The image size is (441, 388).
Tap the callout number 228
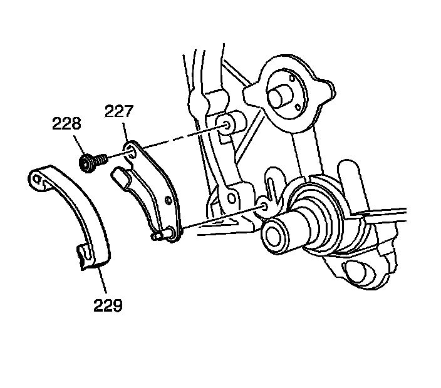tap(67, 125)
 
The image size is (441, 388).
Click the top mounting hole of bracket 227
tap(131, 151)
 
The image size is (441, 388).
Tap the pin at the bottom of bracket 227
tap(161, 235)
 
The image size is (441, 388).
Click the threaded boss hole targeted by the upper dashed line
tap(224, 128)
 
